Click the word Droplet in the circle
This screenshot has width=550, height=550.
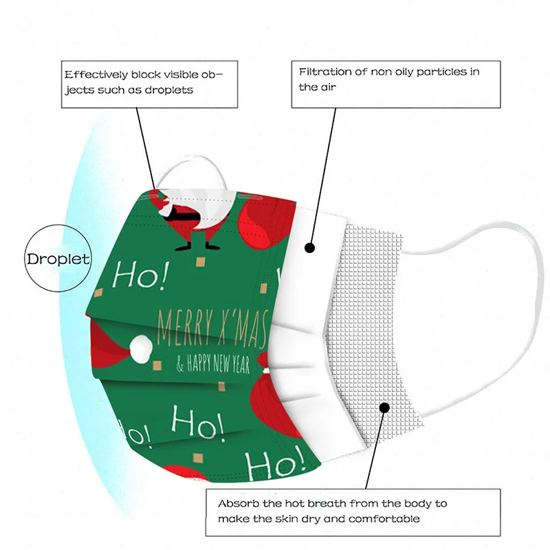pos(58,260)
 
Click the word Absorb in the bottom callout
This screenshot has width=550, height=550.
pos(237,504)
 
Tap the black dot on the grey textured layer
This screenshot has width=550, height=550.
pos(384,407)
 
